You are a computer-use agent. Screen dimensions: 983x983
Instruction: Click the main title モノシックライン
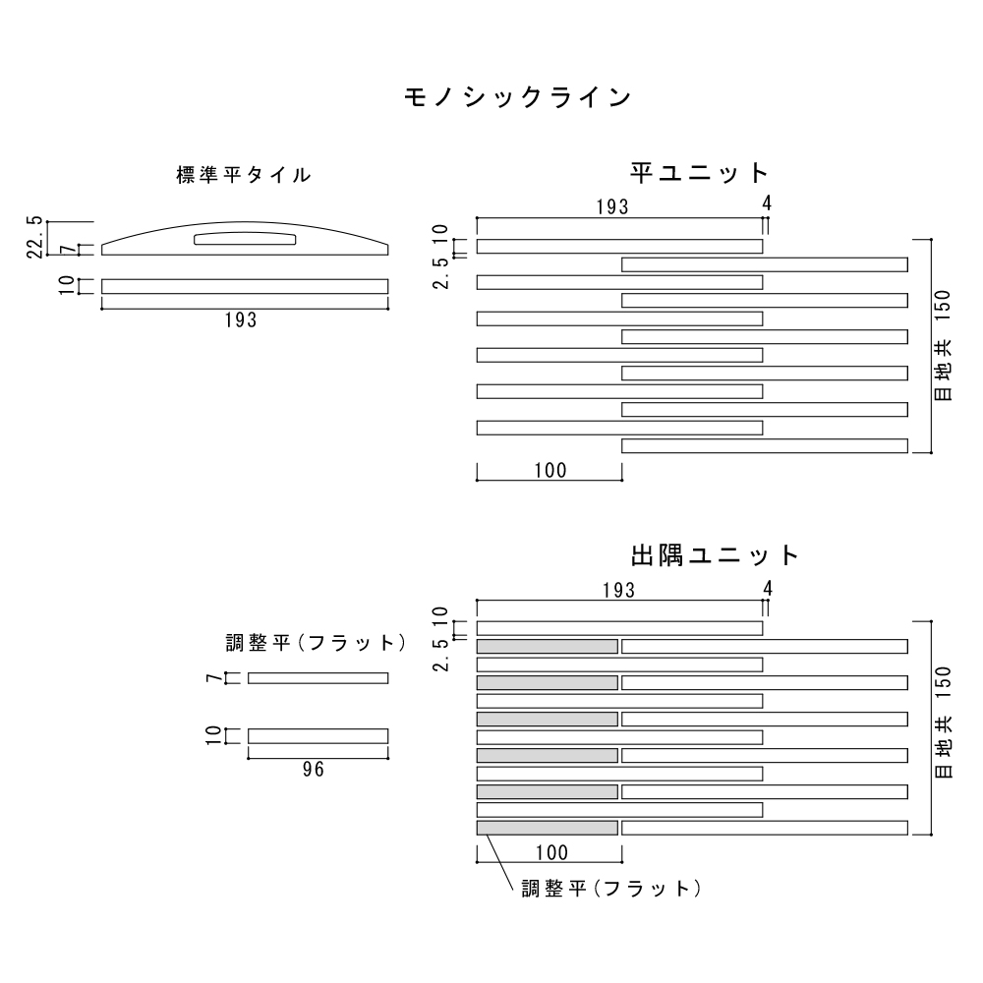click(516, 97)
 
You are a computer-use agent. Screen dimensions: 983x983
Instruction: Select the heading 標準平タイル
click(244, 176)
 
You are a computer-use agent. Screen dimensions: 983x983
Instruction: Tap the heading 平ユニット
click(699, 173)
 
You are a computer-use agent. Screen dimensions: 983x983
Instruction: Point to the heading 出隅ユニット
click(716, 555)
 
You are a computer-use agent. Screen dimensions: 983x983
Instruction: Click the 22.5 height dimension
click(36, 237)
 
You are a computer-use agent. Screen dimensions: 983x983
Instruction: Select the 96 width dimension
click(313, 770)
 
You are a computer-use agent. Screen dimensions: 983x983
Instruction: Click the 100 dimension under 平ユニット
click(550, 470)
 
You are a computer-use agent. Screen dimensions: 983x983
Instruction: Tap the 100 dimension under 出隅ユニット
click(550, 852)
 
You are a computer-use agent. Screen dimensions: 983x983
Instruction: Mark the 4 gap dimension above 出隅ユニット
click(768, 589)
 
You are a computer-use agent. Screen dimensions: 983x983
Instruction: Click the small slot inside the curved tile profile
click(246, 239)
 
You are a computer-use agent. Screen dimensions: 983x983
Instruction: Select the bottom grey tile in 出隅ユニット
click(548, 828)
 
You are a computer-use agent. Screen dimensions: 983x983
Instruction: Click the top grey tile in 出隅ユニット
click(548, 646)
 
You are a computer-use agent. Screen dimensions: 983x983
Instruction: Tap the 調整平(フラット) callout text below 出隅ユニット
click(610, 889)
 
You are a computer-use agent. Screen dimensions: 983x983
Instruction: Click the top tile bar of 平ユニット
click(619, 246)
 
